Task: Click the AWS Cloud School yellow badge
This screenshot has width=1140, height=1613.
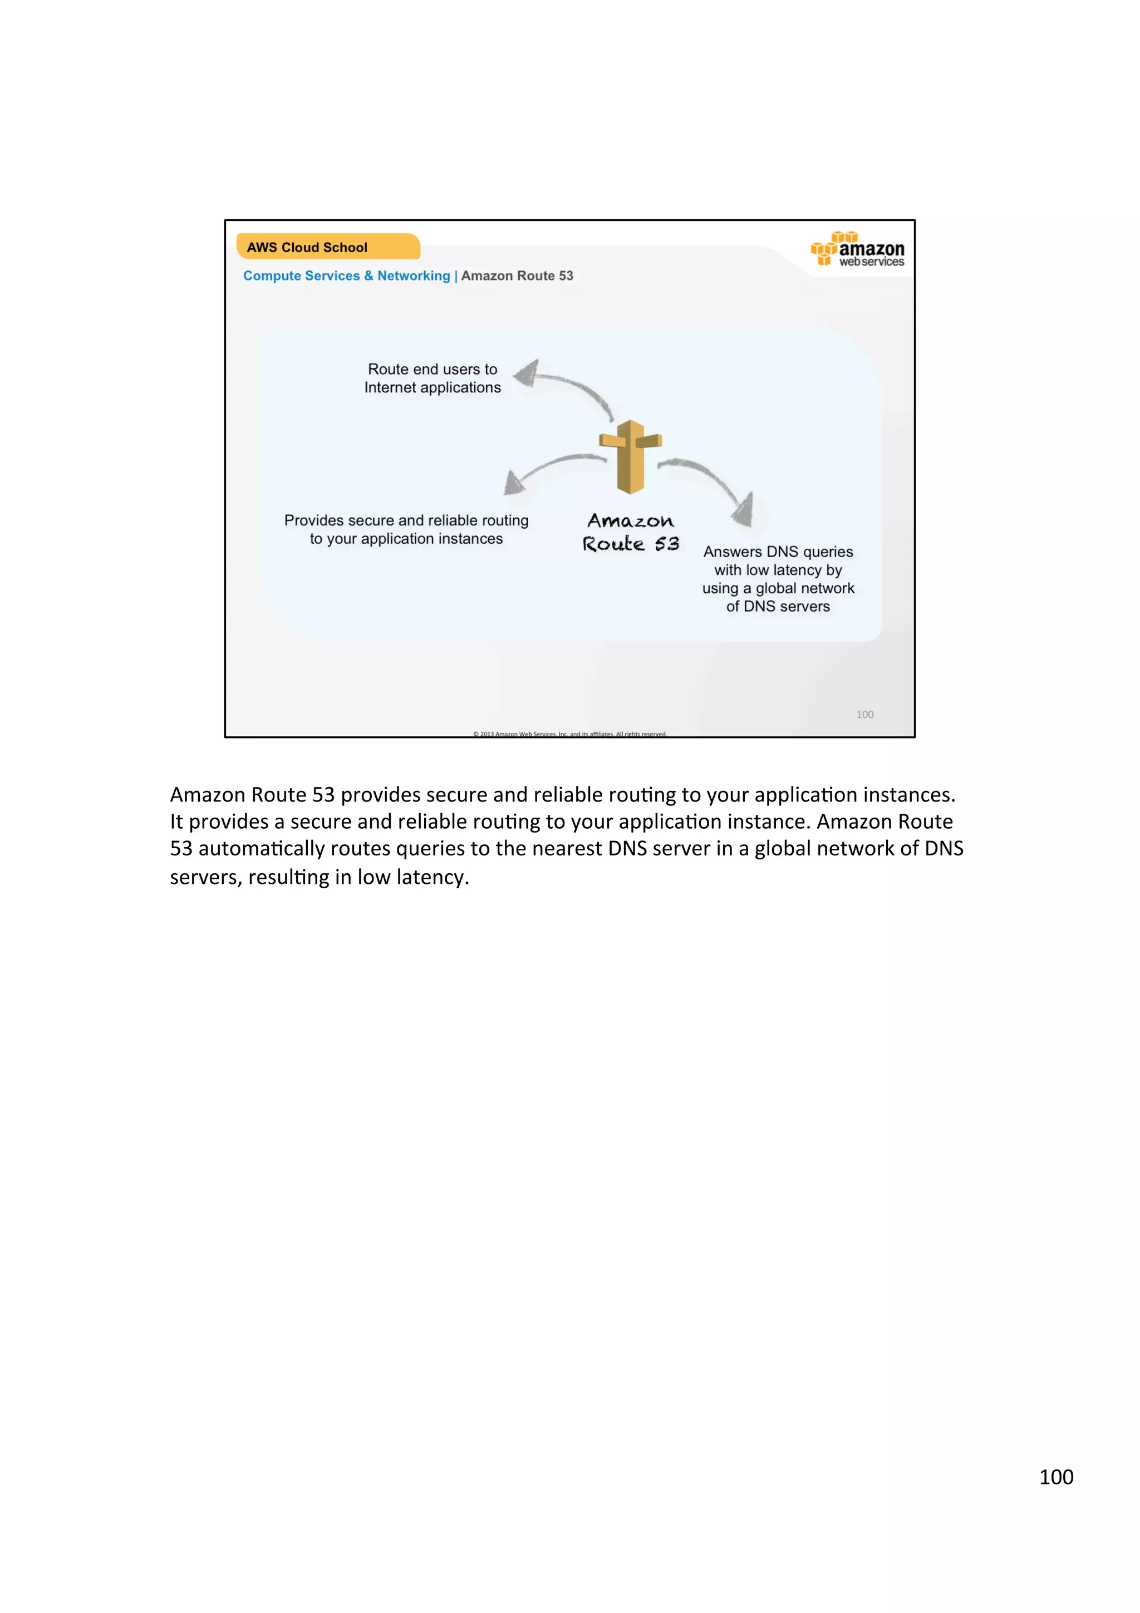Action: click(327, 247)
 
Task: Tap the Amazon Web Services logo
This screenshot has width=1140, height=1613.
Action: click(858, 249)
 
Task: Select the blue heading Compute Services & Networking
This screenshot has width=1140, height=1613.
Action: click(346, 276)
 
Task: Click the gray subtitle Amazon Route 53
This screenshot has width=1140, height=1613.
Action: click(517, 276)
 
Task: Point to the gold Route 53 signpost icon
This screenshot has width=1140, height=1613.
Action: click(630, 456)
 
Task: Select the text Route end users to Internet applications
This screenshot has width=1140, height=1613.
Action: click(432, 378)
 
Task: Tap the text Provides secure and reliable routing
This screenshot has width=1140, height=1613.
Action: click(406, 520)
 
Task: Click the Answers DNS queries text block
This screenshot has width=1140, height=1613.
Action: click(778, 579)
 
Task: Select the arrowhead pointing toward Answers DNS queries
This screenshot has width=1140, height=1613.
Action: click(745, 509)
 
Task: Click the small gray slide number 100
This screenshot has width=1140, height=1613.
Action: click(864, 715)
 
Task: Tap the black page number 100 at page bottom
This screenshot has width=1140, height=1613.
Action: click(1056, 1477)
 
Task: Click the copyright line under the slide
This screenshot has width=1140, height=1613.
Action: click(569, 734)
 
